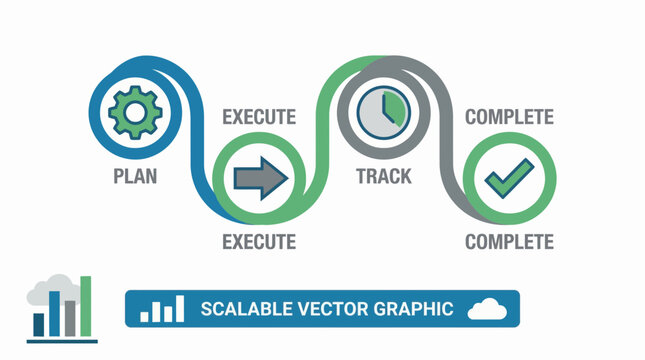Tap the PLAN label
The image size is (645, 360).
(x=134, y=177)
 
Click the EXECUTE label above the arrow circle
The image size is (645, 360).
(x=258, y=117)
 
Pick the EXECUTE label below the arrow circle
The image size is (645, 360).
(x=258, y=241)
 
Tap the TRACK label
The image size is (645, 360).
(x=384, y=177)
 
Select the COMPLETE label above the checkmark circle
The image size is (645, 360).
(x=509, y=117)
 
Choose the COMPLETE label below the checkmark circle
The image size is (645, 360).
(x=509, y=241)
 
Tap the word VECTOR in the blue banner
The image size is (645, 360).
(x=320, y=309)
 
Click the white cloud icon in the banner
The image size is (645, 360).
(x=489, y=309)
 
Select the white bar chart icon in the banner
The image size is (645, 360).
(x=162, y=310)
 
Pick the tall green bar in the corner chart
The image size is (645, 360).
(x=86, y=306)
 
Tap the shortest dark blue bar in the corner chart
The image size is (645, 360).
(x=39, y=324)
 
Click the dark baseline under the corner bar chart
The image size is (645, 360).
(x=62, y=340)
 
